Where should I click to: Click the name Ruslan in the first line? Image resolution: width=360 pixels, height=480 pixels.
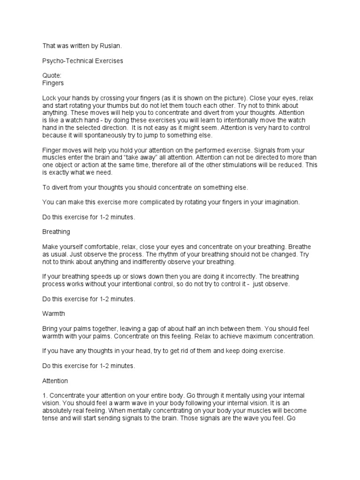[113, 46]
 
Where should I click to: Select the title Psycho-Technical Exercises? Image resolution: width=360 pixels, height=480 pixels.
[83, 61]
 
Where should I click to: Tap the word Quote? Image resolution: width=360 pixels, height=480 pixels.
[52, 76]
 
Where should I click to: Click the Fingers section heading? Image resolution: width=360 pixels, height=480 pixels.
[53, 83]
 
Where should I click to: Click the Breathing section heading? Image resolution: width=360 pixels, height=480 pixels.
[56, 232]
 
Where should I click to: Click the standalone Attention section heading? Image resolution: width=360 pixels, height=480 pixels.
[55, 381]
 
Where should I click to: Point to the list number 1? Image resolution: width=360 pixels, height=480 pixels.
[45, 396]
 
